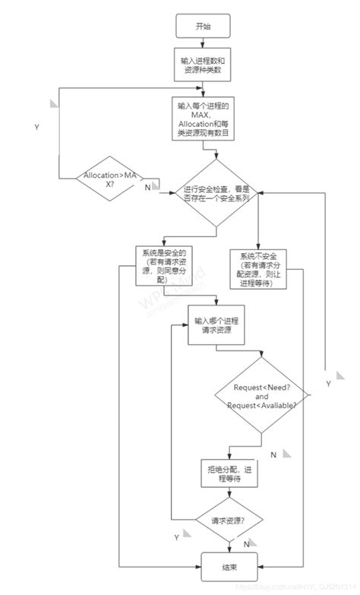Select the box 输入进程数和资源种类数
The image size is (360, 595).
[204, 66]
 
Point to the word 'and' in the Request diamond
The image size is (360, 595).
[262, 396]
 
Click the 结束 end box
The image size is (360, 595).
[228, 565]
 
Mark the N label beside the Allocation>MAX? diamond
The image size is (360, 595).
[147, 188]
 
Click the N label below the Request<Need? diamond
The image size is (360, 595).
[272, 454]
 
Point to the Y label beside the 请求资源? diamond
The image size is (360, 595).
[176, 537]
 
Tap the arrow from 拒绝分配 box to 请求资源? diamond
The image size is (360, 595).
[228, 494]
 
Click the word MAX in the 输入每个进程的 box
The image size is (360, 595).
[204, 114]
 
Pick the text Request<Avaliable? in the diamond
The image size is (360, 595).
[262, 405]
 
